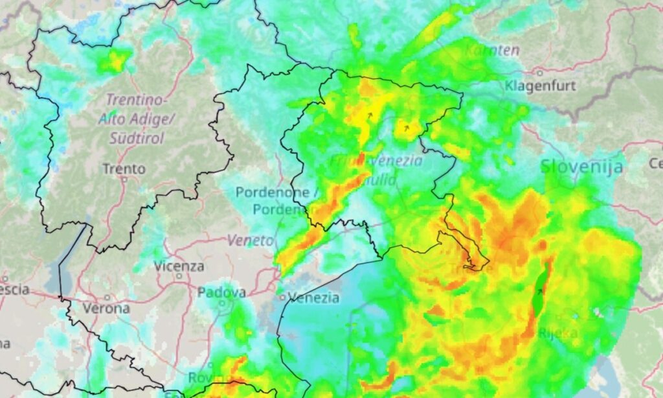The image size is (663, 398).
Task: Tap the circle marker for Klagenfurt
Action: click(x=539, y=72)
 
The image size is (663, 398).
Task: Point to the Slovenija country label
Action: click(x=582, y=167)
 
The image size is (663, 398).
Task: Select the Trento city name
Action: click(x=124, y=169)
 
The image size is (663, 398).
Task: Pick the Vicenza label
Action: click(x=179, y=266)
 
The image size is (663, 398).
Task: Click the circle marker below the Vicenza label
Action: click(x=179, y=276)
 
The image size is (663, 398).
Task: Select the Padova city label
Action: click(x=221, y=292)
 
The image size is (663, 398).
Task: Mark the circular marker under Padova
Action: click(x=222, y=302)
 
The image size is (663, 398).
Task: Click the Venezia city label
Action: click(x=314, y=298)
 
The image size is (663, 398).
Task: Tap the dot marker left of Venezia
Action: click(x=282, y=298)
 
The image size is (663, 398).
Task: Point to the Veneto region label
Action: click(x=250, y=240)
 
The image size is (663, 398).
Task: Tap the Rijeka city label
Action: click(x=557, y=333)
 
